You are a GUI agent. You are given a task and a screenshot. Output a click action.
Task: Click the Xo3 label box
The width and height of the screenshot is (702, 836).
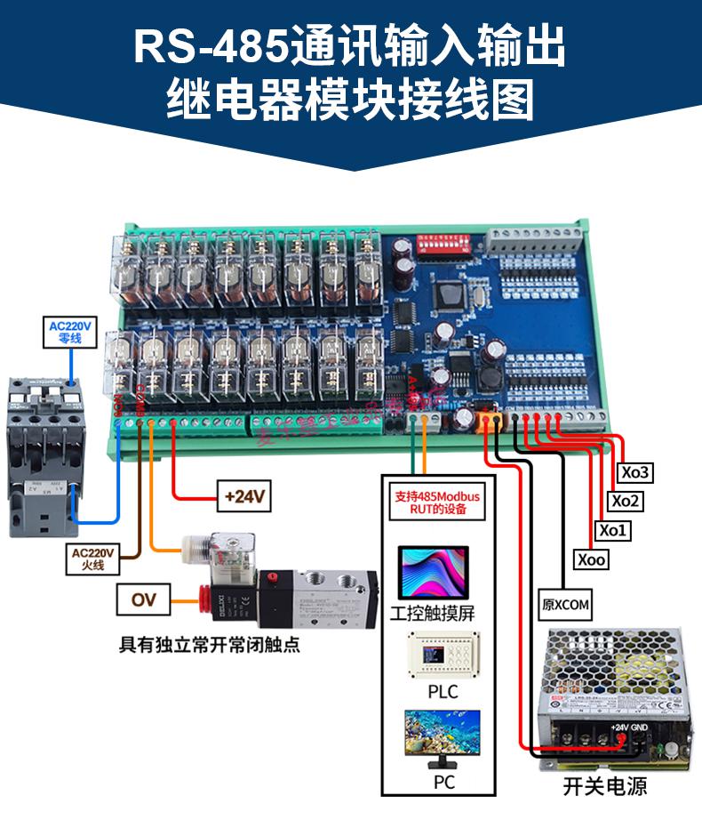(635, 471)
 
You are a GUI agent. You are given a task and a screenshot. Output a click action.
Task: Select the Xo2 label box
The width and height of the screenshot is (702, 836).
(626, 501)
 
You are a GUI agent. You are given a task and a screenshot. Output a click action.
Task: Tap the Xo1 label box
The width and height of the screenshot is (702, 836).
(612, 531)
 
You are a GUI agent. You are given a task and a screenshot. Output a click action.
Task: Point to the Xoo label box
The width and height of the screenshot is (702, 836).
(592, 560)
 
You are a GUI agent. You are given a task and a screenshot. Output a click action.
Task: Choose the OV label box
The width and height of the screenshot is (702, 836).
(143, 600)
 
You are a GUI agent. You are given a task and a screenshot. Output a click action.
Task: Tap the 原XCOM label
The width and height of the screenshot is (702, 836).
(566, 605)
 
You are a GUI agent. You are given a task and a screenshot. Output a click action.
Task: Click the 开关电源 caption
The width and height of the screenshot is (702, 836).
(604, 786)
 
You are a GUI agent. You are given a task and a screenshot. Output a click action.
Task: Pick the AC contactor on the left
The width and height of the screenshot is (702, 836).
(42, 454)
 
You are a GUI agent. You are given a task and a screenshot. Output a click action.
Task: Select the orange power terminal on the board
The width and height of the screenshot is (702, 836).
(487, 418)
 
